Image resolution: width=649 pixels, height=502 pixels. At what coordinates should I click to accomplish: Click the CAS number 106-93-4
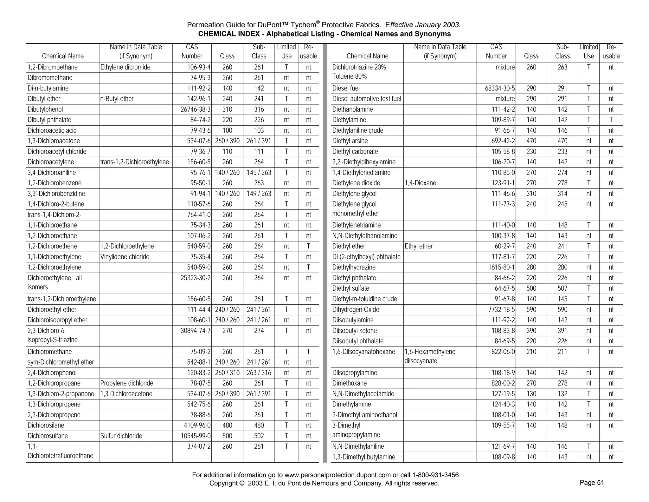199,67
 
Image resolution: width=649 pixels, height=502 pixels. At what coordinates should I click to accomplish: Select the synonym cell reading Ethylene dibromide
125,67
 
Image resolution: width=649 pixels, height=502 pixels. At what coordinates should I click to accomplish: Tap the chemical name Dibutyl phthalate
49,120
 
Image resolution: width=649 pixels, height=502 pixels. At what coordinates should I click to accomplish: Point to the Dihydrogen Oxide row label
356,309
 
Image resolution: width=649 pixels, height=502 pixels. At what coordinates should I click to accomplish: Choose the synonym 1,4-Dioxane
420,183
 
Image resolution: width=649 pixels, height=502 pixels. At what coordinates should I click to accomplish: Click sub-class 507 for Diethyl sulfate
562,288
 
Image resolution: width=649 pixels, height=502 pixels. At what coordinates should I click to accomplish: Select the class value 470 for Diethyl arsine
531,141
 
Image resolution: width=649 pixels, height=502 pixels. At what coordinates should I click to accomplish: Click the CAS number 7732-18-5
502,309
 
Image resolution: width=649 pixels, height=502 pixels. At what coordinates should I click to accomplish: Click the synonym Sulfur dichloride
121,436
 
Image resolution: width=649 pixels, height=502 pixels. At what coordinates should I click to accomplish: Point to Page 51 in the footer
592,483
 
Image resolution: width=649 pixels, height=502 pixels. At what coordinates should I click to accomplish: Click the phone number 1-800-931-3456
436,475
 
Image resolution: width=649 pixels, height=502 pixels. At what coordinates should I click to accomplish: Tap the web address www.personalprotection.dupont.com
337,475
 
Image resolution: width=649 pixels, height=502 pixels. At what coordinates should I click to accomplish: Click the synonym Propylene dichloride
126,383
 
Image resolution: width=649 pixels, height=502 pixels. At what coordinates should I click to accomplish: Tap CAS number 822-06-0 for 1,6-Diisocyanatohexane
504,352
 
